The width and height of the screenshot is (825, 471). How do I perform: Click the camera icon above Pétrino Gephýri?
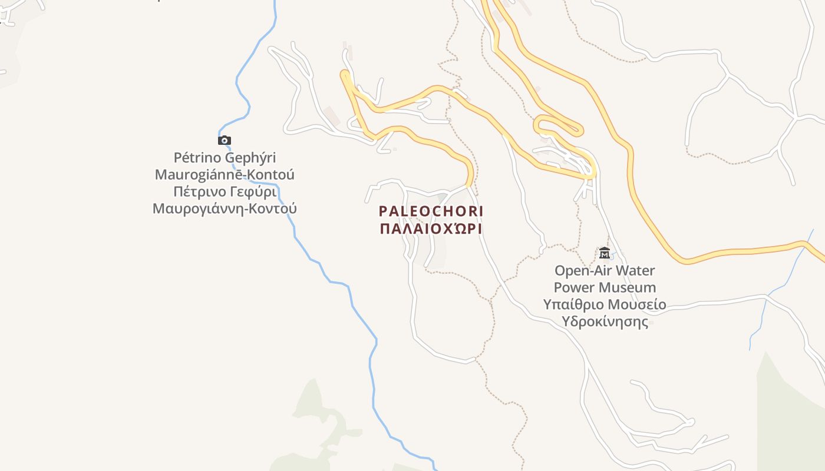coord(225,140)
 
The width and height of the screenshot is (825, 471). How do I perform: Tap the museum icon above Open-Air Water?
coord(605,253)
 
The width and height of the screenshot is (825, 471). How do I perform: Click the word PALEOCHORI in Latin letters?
coord(431,211)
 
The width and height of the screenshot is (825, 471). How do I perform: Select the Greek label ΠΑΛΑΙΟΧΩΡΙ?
coord(431,228)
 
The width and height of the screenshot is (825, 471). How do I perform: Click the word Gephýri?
coord(249,158)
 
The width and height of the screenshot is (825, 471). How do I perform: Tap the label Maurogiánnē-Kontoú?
coord(225,175)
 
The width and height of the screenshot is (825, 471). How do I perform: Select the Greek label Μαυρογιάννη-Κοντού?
coord(225,208)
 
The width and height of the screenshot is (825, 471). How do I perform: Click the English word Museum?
coord(627,288)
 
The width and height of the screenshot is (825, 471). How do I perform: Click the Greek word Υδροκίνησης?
coord(605,322)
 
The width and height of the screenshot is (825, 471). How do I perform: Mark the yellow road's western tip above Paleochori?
coord(344,75)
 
